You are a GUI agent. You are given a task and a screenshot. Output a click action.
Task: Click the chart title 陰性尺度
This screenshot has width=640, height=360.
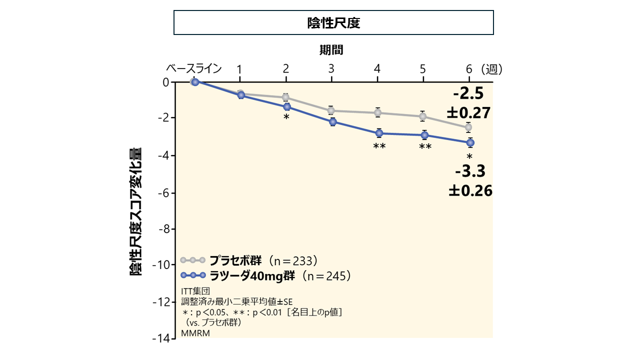(333, 23)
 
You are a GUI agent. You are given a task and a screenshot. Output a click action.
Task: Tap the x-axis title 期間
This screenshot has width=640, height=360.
(331, 50)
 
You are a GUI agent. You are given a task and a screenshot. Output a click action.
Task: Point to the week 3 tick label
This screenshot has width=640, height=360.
(331, 69)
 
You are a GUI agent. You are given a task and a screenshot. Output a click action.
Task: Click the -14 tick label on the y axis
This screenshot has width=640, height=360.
(161, 338)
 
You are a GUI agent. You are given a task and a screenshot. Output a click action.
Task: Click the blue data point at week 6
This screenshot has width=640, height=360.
(470, 142)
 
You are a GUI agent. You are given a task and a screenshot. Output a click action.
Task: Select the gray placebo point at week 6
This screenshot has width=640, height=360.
(468, 127)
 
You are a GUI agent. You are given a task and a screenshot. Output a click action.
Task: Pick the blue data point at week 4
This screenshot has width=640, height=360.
(379, 133)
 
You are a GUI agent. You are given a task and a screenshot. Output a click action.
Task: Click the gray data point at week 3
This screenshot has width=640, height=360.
(331, 110)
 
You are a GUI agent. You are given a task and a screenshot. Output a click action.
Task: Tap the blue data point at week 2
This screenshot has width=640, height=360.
(287, 106)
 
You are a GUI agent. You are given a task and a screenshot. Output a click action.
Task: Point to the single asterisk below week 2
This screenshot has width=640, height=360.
(286, 117)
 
